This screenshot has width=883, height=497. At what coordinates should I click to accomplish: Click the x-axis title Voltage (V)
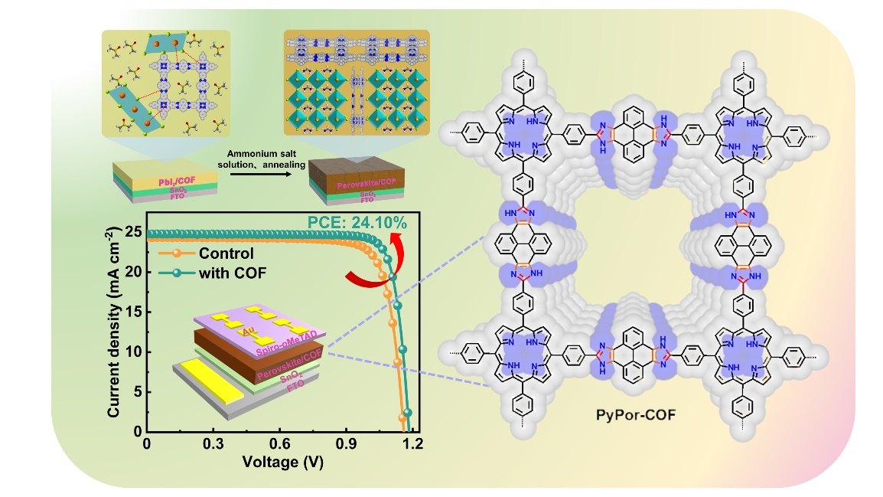click(x=279, y=463)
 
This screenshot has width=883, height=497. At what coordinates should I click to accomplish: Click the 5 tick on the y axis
click(x=137, y=392)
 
